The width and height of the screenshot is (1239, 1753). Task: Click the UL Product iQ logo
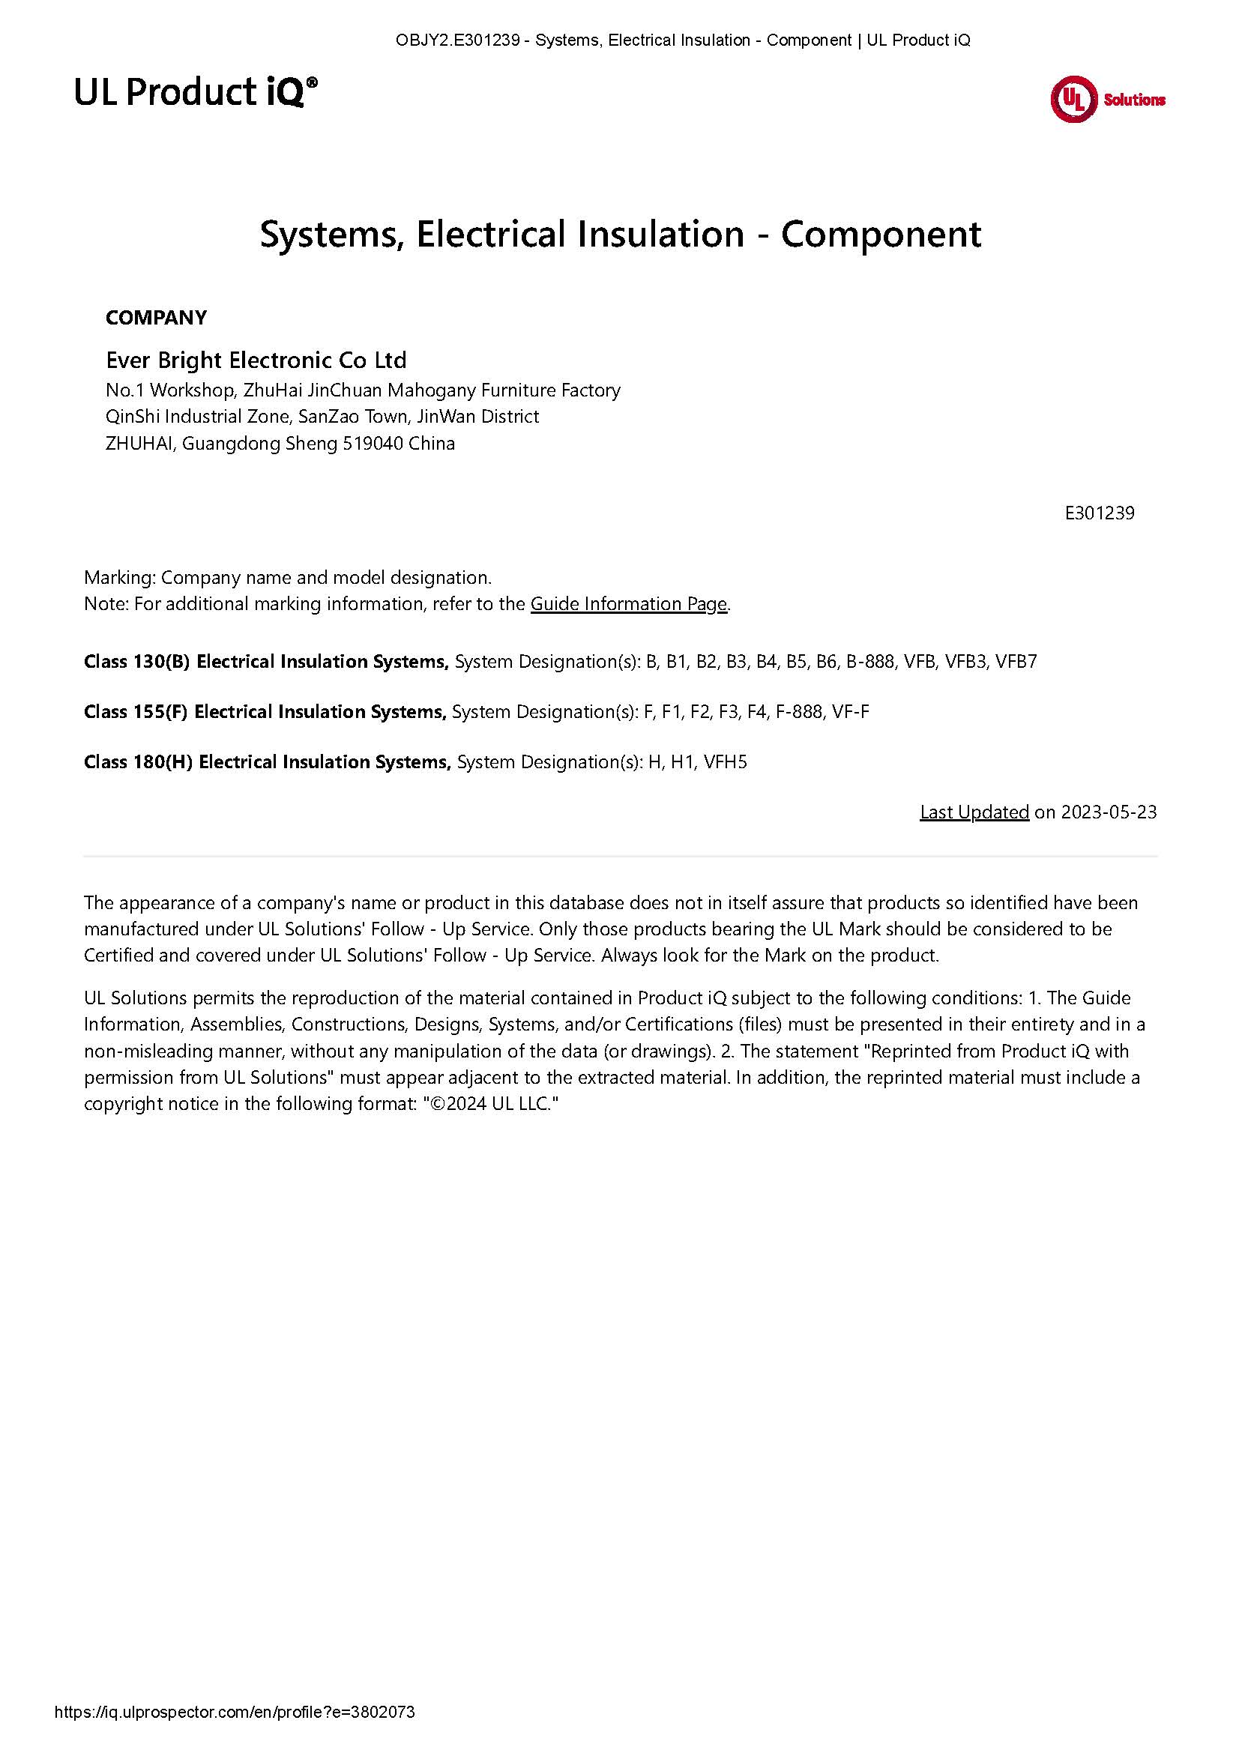point(196,92)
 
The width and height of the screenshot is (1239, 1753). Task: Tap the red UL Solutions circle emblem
point(1073,100)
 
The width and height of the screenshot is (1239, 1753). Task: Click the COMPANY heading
point(156,318)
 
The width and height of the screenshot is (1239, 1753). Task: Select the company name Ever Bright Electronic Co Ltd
point(256,360)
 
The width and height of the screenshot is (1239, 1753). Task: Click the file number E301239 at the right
point(1100,513)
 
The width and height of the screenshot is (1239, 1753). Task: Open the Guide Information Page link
point(628,604)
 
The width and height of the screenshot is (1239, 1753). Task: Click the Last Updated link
point(974,812)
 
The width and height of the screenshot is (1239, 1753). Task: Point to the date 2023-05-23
point(1109,812)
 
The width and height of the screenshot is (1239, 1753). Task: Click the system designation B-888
point(869,661)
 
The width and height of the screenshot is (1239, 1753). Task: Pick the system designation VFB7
point(1017,661)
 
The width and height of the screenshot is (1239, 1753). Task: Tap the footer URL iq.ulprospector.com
point(235,1713)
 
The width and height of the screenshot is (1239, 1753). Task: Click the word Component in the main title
point(880,234)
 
